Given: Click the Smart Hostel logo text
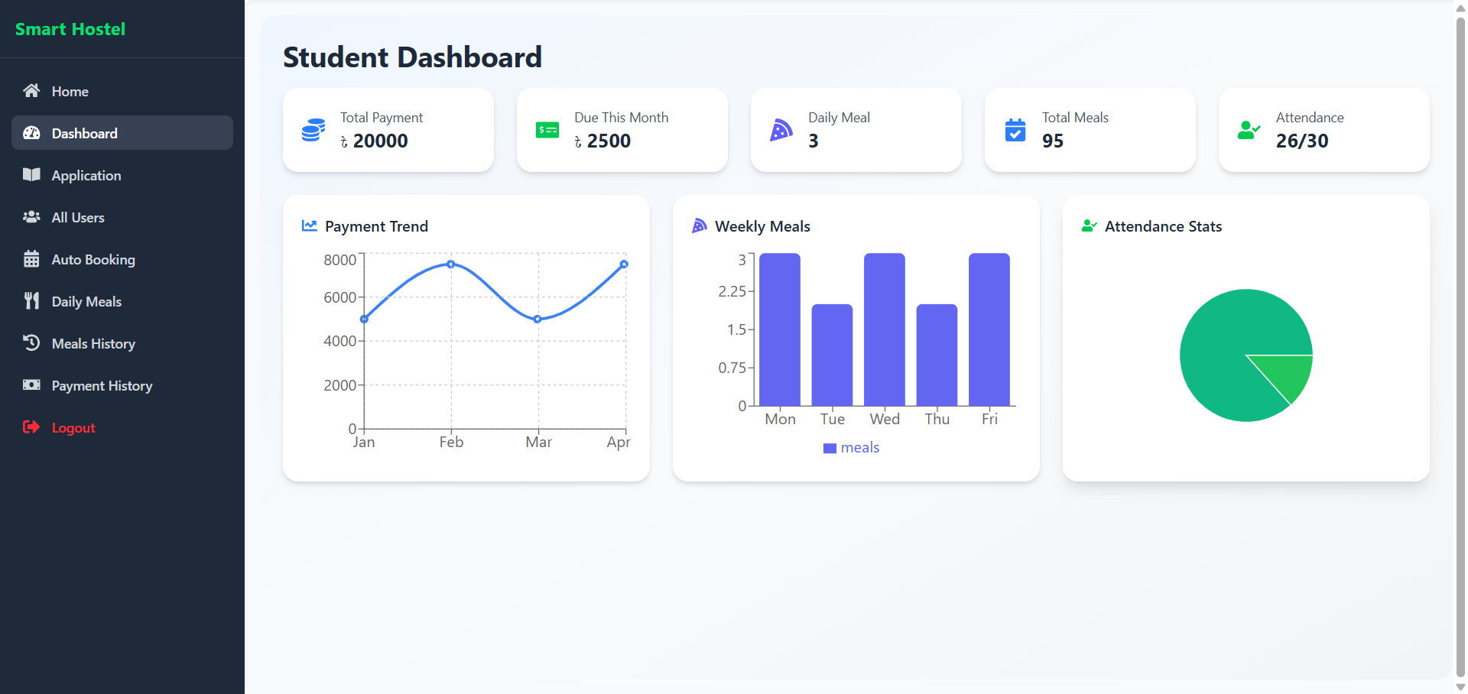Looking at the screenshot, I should coord(70,29).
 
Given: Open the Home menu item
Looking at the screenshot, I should coord(70,92).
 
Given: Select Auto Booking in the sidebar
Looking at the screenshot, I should coord(93,260).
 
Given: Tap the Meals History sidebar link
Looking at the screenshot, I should coord(93,344).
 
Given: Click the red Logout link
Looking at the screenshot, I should coord(73,428).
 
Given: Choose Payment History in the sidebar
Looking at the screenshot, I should coord(102,386).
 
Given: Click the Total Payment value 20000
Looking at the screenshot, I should coord(380,141).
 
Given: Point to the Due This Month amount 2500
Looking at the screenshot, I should coord(609,141).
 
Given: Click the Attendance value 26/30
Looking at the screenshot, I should coord(1301,141).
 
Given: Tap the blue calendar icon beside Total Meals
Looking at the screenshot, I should coord(1015,131).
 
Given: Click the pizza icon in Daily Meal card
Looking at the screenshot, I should coord(781,131).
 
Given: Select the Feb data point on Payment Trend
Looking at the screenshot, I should coord(451,264).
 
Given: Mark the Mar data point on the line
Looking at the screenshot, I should coord(538,319).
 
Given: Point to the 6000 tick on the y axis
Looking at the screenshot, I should coord(339,297).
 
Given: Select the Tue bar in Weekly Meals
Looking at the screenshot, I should coord(832,355).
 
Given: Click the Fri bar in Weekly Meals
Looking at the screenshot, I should coord(989,329).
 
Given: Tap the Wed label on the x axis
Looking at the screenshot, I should coord(885,420).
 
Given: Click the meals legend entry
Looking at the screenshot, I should coord(851,448).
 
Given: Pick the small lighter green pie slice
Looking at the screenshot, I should coord(1288,375).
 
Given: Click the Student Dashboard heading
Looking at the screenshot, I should coord(412,57).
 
